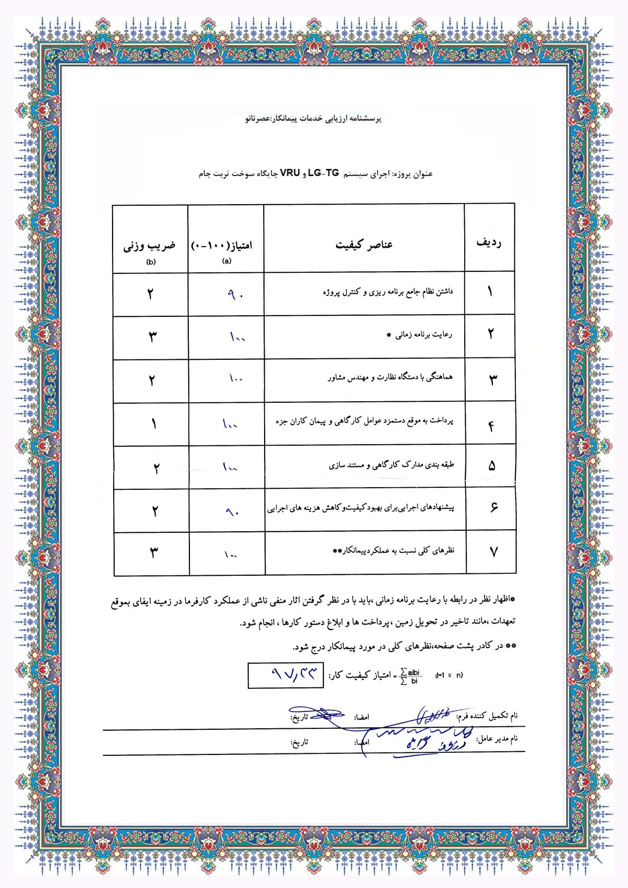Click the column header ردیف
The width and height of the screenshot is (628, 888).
[x=489, y=243]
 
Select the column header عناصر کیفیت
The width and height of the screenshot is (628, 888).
[x=364, y=245]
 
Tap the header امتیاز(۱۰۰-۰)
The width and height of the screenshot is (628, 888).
[x=222, y=245]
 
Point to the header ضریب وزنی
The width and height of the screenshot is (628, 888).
[x=149, y=246]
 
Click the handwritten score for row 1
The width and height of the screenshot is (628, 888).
[x=236, y=295]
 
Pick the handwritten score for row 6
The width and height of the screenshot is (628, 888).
[x=232, y=511]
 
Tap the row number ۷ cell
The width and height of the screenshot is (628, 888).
[x=493, y=552]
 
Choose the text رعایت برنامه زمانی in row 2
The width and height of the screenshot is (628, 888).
[x=423, y=335]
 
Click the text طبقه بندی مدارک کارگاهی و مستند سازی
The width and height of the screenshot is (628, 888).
[x=392, y=465]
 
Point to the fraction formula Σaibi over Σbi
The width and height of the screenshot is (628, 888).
[x=410, y=676]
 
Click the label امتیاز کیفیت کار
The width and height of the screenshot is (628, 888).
[x=358, y=676]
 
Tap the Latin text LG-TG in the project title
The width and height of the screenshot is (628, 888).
[x=323, y=173]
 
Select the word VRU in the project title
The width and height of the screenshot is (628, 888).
[x=290, y=173]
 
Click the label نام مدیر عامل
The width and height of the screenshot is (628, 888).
[x=497, y=739]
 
